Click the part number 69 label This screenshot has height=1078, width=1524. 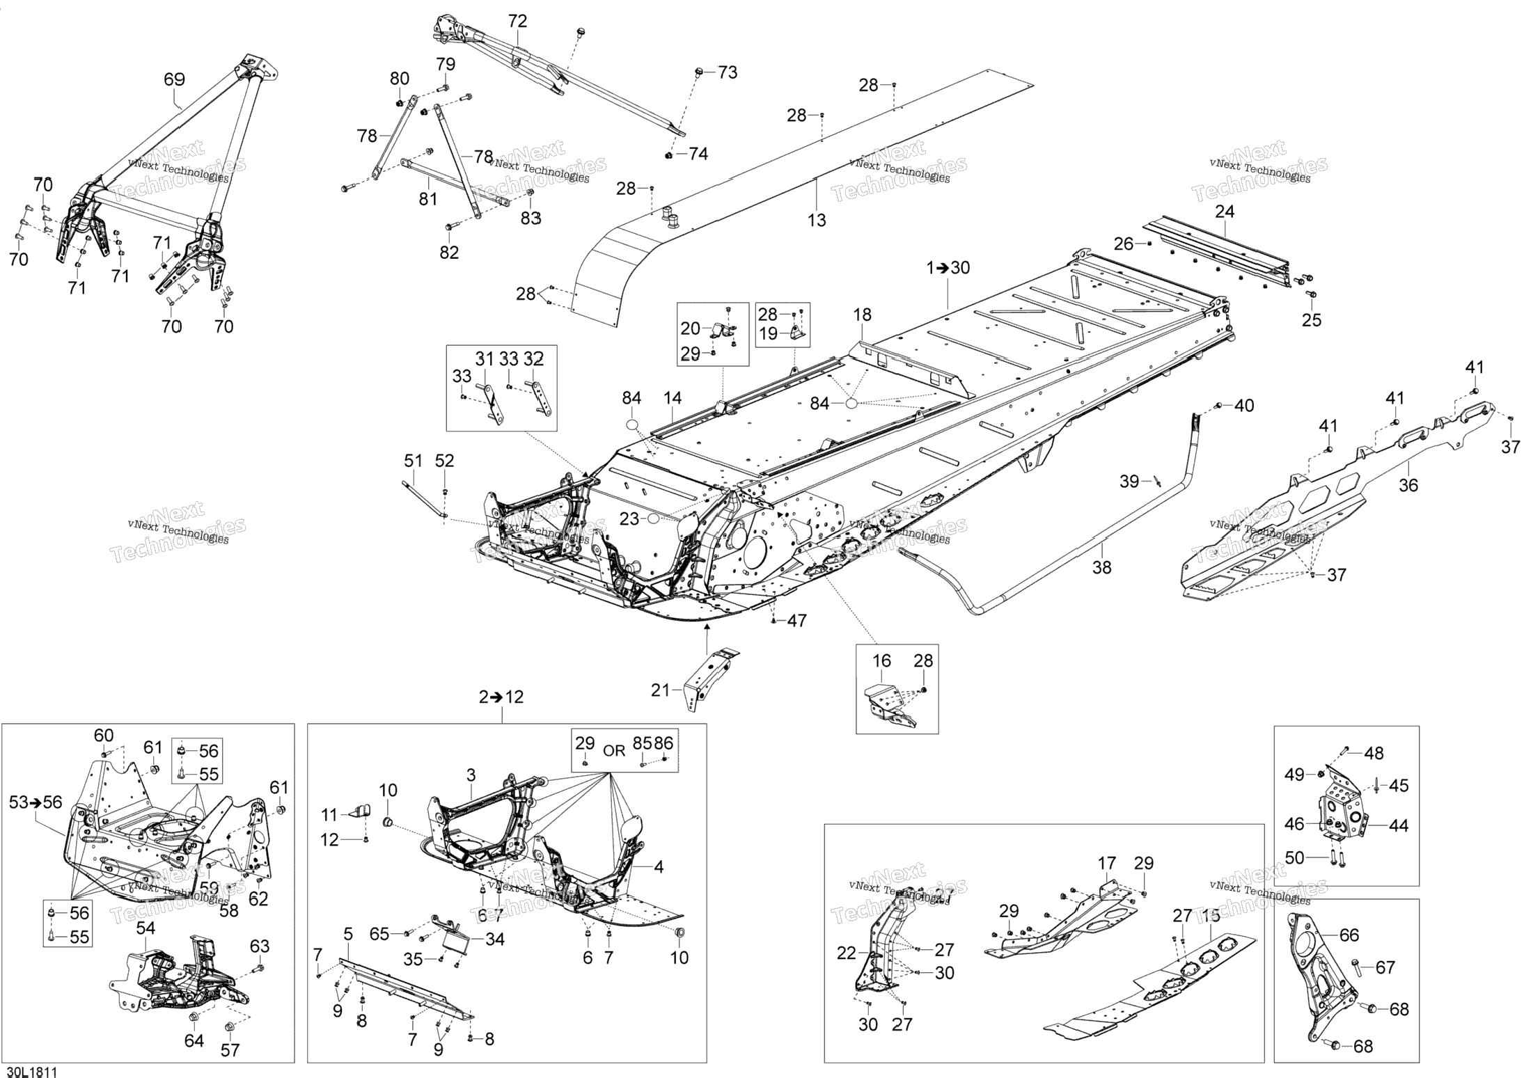click(174, 79)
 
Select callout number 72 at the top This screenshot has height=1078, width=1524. click(517, 22)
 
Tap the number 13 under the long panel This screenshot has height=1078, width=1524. click(817, 221)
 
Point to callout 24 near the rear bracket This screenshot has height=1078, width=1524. click(1225, 211)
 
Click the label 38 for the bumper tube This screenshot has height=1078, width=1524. click(1101, 568)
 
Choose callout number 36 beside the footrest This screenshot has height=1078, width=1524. click(1408, 485)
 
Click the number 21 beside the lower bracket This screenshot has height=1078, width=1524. click(660, 690)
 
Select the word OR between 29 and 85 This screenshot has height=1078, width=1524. click(614, 751)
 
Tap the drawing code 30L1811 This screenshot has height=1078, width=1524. click(31, 1072)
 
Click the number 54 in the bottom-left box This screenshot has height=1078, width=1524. click(146, 928)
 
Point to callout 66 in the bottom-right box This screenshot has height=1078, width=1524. click(1349, 935)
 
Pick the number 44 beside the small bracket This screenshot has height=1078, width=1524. click(1398, 826)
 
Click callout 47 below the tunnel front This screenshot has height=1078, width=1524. click(796, 621)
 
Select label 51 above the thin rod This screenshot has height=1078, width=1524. click(414, 461)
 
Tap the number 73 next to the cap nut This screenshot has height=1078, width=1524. click(727, 72)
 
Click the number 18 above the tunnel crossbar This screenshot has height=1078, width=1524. click(862, 315)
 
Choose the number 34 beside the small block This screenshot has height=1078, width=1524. click(494, 940)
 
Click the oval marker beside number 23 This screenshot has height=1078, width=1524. click(653, 519)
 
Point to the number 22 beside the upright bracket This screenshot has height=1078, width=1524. click(846, 953)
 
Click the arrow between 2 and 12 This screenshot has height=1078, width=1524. click(501, 697)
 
